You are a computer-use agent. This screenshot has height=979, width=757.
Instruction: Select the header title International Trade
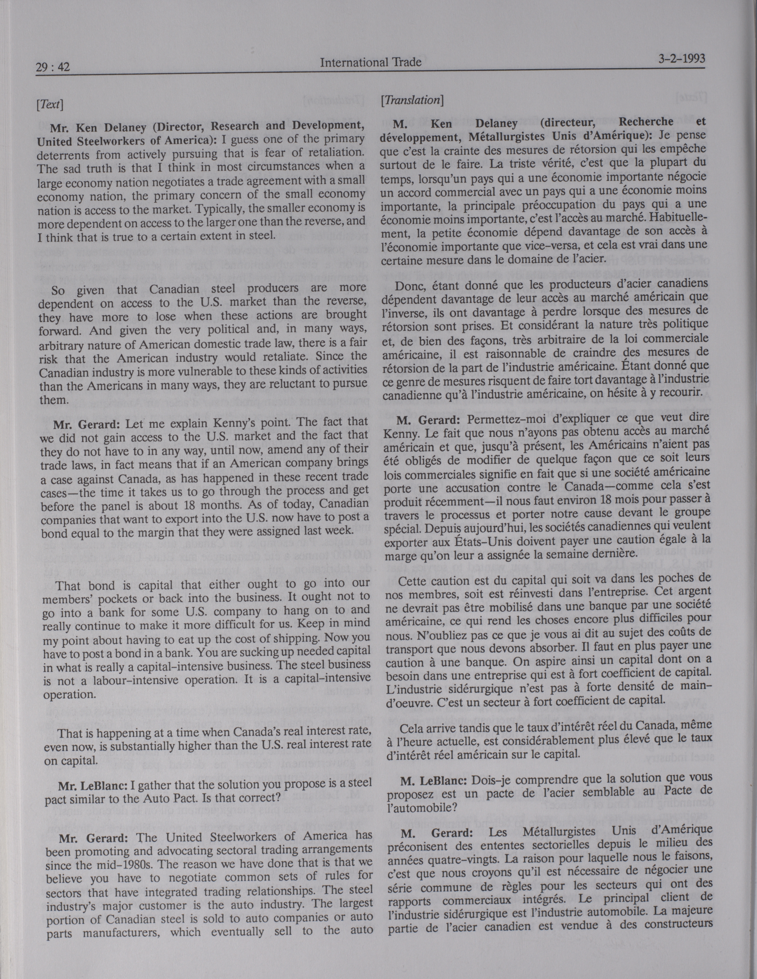click(370, 62)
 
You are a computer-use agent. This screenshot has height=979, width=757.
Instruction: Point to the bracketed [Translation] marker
click(412, 100)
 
